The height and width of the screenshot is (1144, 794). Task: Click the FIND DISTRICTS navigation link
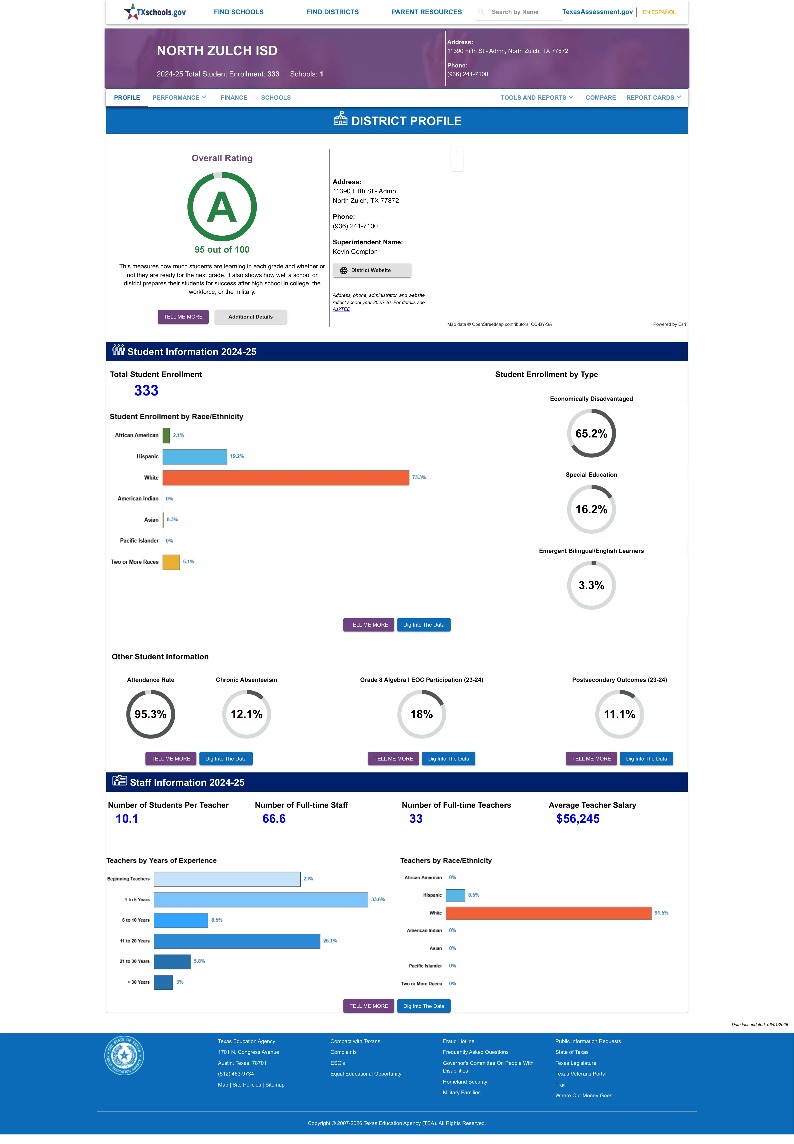(332, 12)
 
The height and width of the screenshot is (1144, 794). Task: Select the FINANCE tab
(234, 97)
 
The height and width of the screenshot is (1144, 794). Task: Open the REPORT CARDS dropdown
(653, 97)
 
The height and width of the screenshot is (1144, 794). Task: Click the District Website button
(372, 271)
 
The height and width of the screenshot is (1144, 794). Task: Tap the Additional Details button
(250, 317)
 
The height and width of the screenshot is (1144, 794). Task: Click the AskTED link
(341, 309)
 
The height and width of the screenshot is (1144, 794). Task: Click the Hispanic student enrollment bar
(194, 456)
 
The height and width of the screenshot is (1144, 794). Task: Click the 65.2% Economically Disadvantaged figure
(591, 433)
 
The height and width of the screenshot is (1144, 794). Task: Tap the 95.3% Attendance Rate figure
(150, 715)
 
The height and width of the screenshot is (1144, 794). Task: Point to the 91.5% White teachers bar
(549, 913)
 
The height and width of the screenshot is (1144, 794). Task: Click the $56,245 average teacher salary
(578, 819)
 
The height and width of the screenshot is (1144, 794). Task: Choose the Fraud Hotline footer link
(458, 1041)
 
